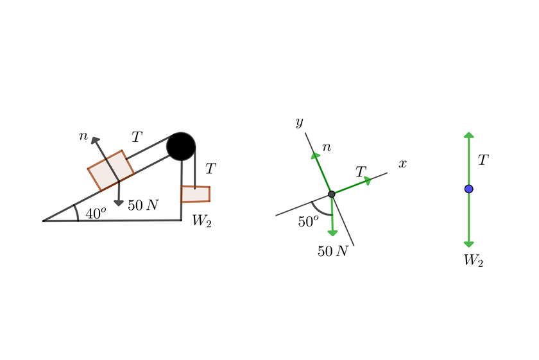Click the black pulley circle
(181, 146)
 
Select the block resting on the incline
(111, 170)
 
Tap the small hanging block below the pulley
(195, 194)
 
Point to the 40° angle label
(96, 214)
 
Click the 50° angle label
(308, 221)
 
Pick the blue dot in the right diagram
(469, 189)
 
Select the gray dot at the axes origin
(331, 194)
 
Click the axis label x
(402, 164)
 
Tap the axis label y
(299, 122)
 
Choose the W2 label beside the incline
(201, 221)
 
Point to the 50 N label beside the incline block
(143, 205)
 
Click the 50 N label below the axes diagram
(332, 252)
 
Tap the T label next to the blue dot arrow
(484, 160)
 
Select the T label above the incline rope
(137, 137)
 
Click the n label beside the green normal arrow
(327, 148)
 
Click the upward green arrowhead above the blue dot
(469, 135)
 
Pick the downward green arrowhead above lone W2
(469, 243)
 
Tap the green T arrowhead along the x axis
(368, 180)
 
